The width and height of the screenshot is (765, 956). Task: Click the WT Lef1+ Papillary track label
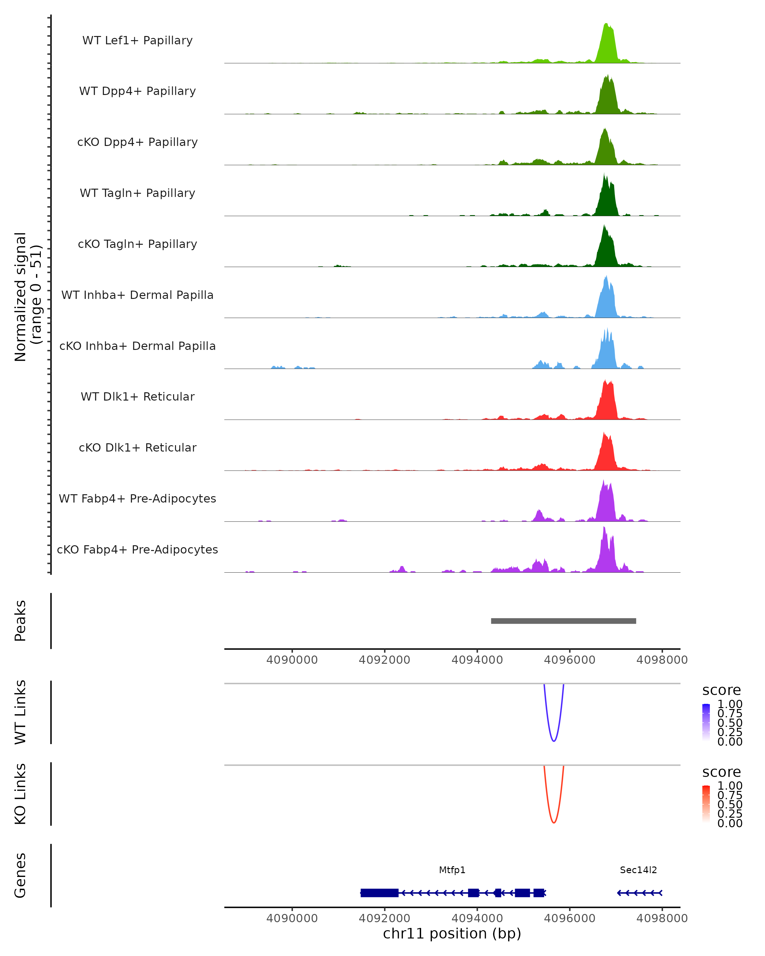click(x=137, y=40)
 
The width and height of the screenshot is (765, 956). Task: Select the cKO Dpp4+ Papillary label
click(x=137, y=142)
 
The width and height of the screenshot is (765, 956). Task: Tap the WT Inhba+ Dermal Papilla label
click(x=137, y=295)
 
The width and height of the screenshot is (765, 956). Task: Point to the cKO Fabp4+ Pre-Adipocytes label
click(x=137, y=550)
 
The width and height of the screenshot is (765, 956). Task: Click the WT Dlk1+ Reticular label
click(x=137, y=397)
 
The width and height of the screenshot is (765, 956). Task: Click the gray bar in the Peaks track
click(x=563, y=621)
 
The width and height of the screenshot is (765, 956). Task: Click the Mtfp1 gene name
click(x=452, y=870)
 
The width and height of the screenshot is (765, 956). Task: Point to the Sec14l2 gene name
click(x=638, y=870)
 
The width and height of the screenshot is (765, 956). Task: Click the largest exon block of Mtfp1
click(x=379, y=893)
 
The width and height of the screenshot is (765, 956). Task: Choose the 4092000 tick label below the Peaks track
click(x=384, y=660)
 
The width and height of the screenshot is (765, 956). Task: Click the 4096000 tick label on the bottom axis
click(x=569, y=918)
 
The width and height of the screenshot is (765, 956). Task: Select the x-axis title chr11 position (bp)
click(x=452, y=934)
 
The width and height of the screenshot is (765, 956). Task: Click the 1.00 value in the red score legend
click(x=730, y=786)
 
